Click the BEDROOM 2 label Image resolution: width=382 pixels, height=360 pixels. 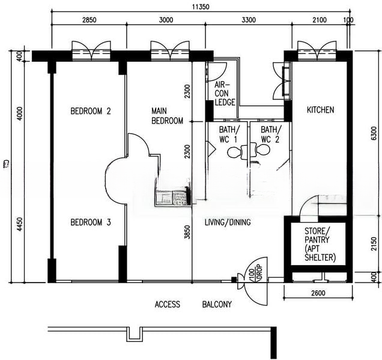click(91, 111)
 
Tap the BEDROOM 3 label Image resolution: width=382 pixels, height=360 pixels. click(91, 222)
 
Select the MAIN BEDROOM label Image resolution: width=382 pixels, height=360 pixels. click(167, 116)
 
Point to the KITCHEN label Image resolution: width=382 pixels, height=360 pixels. click(320, 110)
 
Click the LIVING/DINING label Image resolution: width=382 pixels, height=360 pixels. click(228, 222)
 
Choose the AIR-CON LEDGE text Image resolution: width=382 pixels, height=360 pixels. click(225, 94)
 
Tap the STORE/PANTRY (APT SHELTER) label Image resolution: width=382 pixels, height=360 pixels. click(320, 244)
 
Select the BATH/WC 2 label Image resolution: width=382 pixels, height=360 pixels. click(271, 134)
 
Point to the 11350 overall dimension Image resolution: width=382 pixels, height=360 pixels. click(201, 7)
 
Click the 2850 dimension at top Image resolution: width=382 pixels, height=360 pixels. click(89, 20)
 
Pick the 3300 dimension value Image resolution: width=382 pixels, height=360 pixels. click(249, 20)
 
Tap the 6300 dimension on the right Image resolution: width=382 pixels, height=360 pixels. click(374, 133)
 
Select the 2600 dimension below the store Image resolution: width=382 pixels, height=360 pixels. click(318, 293)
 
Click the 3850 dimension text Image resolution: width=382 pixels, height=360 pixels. click(187, 232)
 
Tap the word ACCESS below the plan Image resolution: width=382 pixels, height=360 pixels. click(168, 304)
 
